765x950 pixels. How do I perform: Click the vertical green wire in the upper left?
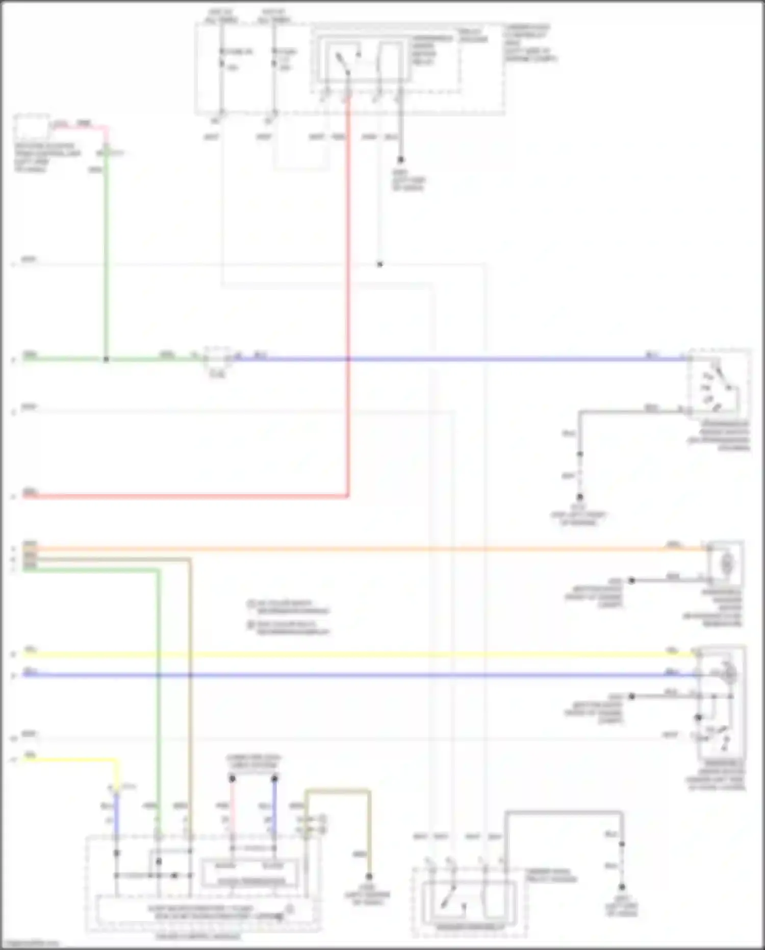click(x=107, y=255)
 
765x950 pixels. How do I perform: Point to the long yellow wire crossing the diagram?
click(x=357, y=654)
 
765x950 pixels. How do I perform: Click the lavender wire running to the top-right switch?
click(x=459, y=359)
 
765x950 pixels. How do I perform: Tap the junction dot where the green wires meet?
click(x=107, y=359)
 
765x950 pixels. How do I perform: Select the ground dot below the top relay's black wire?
click(x=401, y=160)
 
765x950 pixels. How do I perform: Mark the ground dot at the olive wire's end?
click(x=369, y=877)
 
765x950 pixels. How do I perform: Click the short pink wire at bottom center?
click(x=232, y=807)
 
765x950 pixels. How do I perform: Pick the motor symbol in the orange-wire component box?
click(x=727, y=564)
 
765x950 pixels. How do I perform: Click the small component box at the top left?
click(x=32, y=128)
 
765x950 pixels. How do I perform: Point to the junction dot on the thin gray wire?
click(x=379, y=264)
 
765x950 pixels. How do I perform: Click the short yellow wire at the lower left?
click(x=76, y=760)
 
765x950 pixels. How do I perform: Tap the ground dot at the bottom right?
click(x=622, y=887)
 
